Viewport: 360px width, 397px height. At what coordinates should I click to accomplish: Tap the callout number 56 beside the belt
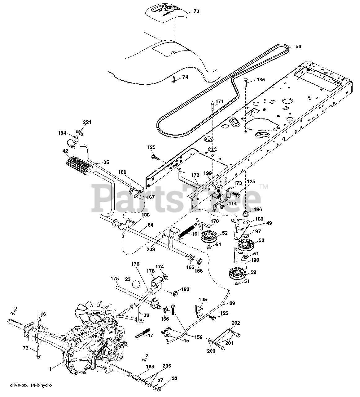tap(298, 47)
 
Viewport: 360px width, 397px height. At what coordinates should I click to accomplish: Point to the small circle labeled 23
tap(136, 284)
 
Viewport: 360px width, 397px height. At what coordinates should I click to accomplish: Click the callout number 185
tap(261, 80)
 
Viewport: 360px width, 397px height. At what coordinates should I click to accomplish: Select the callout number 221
tap(87, 123)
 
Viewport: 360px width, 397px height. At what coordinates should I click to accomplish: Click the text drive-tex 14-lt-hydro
tap(31, 386)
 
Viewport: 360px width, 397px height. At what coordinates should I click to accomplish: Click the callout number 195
tap(203, 300)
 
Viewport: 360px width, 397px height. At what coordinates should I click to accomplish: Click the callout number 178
tap(135, 264)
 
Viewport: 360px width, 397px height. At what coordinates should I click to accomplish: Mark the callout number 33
tap(175, 378)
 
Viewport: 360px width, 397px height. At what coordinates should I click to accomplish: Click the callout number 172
tap(195, 176)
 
